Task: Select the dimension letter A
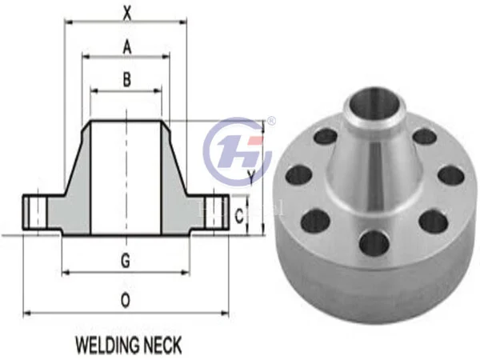(x=126, y=47)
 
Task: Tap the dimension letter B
(x=126, y=80)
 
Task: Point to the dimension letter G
(x=126, y=261)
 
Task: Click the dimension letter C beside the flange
(x=239, y=214)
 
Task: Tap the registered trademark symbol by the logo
(x=270, y=122)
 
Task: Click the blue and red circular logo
(x=238, y=152)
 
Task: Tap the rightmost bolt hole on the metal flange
(x=450, y=174)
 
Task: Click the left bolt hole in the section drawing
(x=34, y=212)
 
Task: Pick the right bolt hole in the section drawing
(x=219, y=212)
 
